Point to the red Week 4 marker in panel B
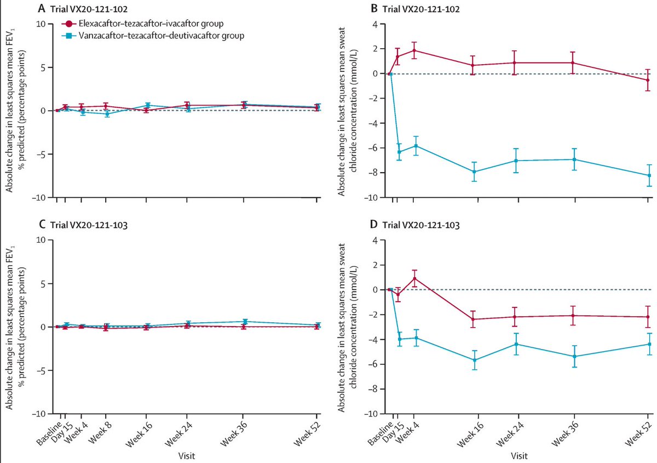[414, 50]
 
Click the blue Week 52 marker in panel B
[649, 175]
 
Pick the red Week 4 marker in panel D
[414, 278]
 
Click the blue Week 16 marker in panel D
[474, 360]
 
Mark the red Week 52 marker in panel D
[649, 317]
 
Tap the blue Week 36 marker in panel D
[573, 356]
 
